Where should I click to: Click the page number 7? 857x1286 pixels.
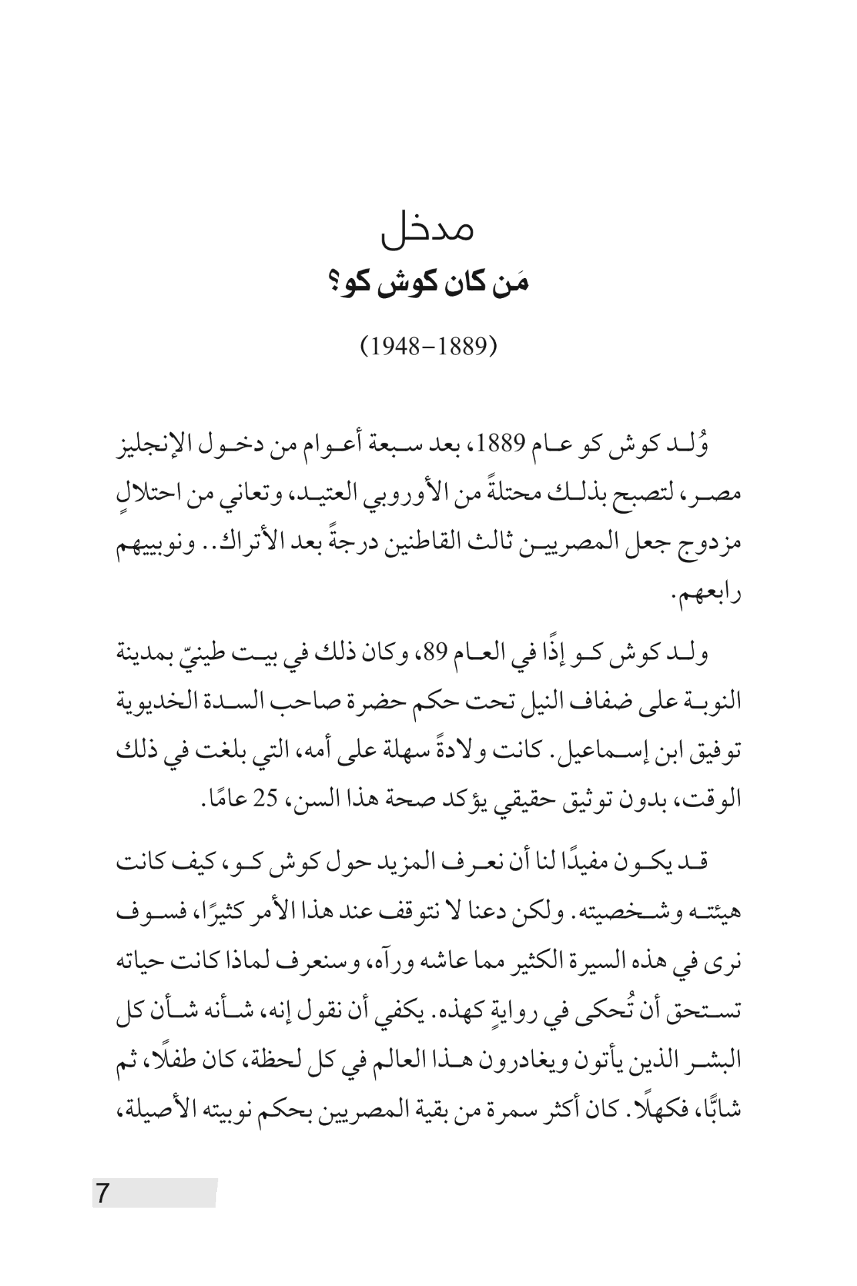(102, 1194)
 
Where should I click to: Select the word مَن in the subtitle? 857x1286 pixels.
(515, 283)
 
